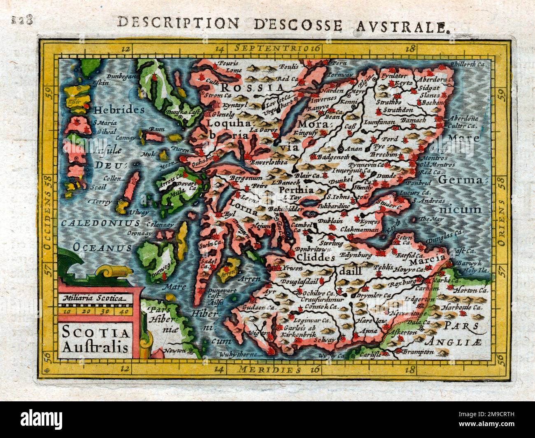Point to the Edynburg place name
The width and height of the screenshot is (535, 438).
point(351,255)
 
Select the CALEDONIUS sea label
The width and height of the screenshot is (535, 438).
point(100,223)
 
